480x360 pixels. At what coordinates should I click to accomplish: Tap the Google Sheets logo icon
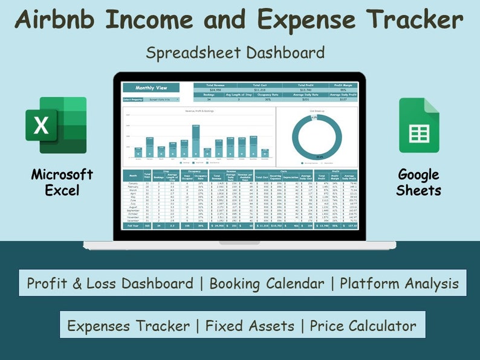[419, 125]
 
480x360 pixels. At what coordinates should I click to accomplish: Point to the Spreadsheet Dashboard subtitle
[235, 53]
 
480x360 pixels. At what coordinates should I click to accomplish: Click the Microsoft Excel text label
[62, 182]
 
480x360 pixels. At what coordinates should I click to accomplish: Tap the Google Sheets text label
[418, 182]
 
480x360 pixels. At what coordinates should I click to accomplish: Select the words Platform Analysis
[399, 283]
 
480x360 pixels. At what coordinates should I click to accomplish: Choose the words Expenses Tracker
[129, 326]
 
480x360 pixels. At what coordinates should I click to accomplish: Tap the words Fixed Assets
[252, 326]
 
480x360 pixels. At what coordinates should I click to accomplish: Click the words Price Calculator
[363, 326]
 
